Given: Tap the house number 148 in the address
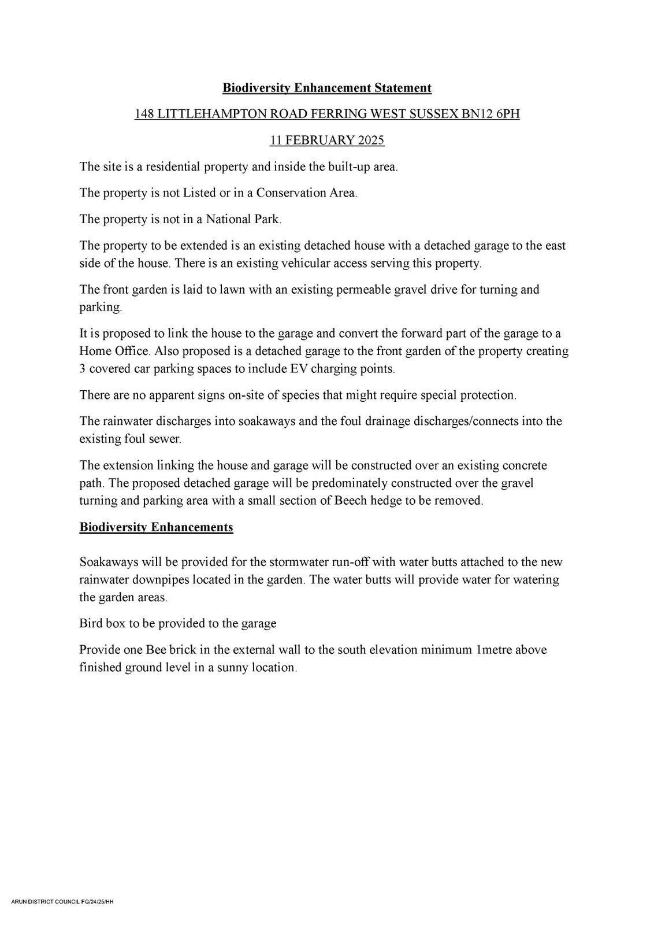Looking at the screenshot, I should [x=144, y=114].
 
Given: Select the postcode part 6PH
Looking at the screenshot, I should [x=508, y=114].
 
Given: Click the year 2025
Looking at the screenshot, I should [x=371, y=140].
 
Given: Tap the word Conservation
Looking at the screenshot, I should [x=292, y=193].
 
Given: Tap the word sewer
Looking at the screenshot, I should [x=165, y=439].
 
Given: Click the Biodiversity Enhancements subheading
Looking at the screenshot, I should [x=156, y=527].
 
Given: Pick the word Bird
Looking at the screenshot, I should [x=91, y=623].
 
